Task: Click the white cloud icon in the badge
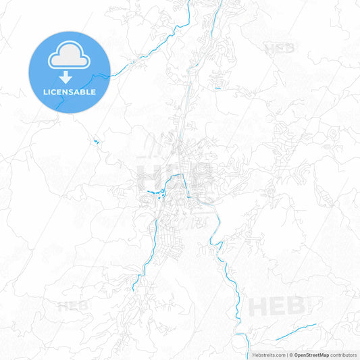click(x=70, y=59)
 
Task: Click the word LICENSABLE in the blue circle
click(x=70, y=92)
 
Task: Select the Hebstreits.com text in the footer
click(x=267, y=355)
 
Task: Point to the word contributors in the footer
click(x=344, y=355)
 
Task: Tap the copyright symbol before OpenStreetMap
click(x=290, y=355)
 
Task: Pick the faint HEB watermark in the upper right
click(x=279, y=49)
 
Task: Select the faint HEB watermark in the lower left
click(x=72, y=306)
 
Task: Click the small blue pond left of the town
click(x=95, y=141)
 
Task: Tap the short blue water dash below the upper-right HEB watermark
click(x=217, y=88)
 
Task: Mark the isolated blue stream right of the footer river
click(x=296, y=332)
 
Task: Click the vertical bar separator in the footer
click(x=286, y=355)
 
